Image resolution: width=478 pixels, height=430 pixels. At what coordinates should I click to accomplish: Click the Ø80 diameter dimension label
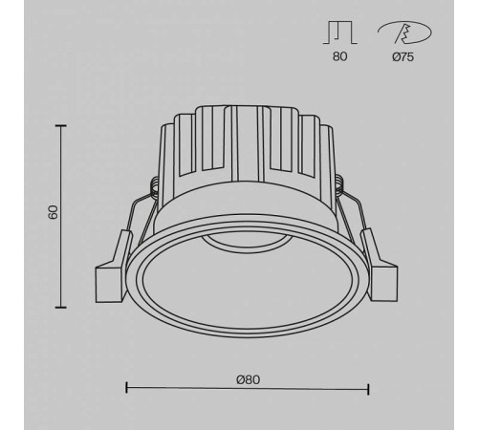click(x=248, y=378)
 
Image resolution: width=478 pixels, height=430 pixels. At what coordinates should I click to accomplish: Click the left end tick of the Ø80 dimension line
click(x=127, y=388)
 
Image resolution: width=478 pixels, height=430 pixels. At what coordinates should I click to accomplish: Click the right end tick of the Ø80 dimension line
click(x=368, y=388)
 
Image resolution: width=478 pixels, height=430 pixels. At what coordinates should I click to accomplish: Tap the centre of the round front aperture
click(x=247, y=282)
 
